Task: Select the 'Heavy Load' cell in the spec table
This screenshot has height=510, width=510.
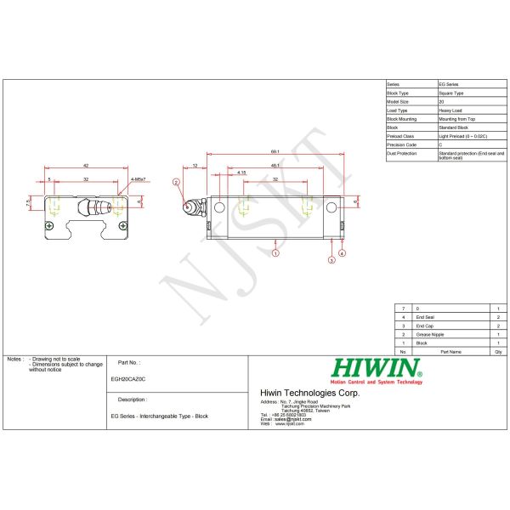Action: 450,110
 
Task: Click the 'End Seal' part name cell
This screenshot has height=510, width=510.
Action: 425,317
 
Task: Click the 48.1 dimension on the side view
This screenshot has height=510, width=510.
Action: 275,164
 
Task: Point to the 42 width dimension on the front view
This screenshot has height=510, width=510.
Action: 86,165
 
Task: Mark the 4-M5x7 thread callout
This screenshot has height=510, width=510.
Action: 139,180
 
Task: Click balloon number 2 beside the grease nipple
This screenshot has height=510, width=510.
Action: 176,182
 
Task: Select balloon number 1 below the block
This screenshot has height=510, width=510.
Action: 276,253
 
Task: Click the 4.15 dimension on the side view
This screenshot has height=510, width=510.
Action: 242,173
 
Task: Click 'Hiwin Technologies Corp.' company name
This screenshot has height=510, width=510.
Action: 309,393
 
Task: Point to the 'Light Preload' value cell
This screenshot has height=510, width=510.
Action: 463,136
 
